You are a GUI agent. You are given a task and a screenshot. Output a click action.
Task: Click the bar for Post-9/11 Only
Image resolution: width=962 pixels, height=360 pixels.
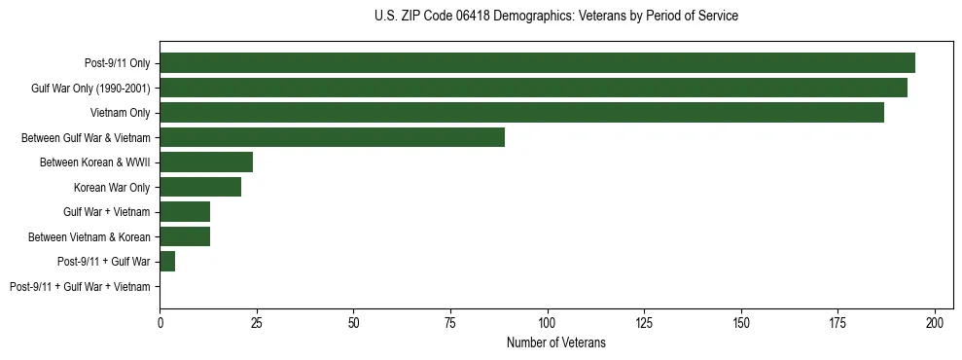(x=537, y=63)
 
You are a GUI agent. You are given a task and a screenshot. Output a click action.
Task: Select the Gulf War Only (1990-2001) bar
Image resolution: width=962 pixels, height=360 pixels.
(x=533, y=88)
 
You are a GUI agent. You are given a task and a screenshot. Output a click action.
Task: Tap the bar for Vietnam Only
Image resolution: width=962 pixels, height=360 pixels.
(x=521, y=113)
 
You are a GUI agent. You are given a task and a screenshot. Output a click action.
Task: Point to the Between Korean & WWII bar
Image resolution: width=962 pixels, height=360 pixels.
(x=206, y=162)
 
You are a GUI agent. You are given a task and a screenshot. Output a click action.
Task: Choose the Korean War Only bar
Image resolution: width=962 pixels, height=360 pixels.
(x=200, y=187)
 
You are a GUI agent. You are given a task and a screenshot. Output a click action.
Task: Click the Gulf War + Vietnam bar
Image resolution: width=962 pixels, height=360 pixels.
(x=185, y=212)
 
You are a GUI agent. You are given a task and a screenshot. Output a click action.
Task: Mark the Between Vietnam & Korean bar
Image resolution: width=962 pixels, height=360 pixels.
(x=185, y=236)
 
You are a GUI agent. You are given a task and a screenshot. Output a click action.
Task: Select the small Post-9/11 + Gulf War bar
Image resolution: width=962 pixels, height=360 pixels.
(x=167, y=262)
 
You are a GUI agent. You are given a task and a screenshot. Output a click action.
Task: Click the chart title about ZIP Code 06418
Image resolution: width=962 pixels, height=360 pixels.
(x=555, y=17)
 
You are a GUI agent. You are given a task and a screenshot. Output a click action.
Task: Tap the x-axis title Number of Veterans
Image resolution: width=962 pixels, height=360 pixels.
(x=555, y=342)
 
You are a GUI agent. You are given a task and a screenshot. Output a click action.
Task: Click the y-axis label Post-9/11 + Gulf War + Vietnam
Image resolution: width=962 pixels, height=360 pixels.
(x=80, y=287)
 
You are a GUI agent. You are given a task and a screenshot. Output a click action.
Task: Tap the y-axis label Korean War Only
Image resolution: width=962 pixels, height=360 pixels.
(x=112, y=188)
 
